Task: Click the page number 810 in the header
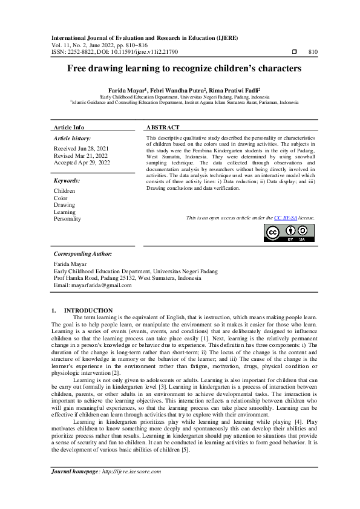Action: point(313,53)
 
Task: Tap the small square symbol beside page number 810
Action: point(293,53)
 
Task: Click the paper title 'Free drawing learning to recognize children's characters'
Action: point(180,69)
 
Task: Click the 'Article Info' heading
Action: point(69,128)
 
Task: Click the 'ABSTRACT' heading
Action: point(163,128)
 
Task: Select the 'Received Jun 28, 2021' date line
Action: point(82,149)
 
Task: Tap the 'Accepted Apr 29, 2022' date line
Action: point(82,163)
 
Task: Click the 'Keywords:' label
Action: point(67,181)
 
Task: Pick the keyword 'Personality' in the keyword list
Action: point(67,219)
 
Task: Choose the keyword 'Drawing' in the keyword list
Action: point(64,205)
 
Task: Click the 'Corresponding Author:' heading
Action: point(82,254)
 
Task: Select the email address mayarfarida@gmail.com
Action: point(100,285)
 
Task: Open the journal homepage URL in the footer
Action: point(127,471)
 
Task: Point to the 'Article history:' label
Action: point(72,138)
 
